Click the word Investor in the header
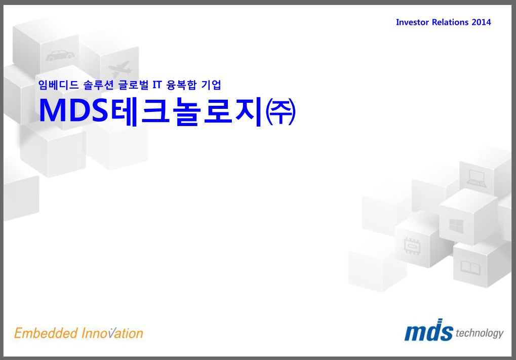pyautogui.click(x=412, y=22)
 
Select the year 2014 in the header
pyautogui.click(x=482, y=22)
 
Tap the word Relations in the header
pyautogui.click(x=450, y=22)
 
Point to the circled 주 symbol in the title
pyautogui.click(x=281, y=112)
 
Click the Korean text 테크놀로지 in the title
pyautogui.click(x=186, y=111)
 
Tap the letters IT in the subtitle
pyautogui.click(x=157, y=85)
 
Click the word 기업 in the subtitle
pyautogui.click(x=211, y=85)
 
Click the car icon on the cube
pyautogui.click(x=60, y=56)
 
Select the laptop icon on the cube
pyautogui.click(x=476, y=179)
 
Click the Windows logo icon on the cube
pyautogui.click(x=456, y=226)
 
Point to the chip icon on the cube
pyautogui.click(x=412, y=246)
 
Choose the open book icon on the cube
pyautogui.click(x=470, y=267)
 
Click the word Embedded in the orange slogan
pyautogui.click(x=46, y=333)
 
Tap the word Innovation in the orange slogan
pyautogui.click(x=112, y=333)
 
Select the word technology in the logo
pyautogui.click(x=480, y=333)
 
